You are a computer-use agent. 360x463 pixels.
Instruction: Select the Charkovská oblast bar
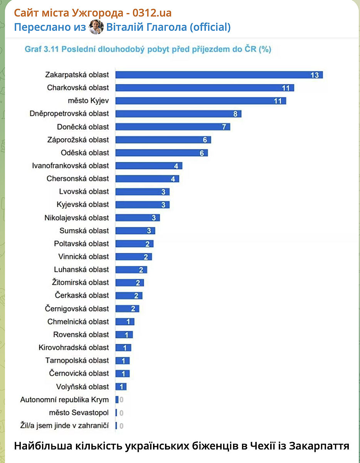204,88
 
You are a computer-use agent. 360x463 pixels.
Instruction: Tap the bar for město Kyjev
200,101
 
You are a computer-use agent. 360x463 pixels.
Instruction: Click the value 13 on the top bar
315,75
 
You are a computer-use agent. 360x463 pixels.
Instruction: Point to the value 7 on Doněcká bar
224,127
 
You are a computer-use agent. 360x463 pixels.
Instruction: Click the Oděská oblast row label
85,153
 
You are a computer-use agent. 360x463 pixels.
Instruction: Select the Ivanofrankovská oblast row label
71,166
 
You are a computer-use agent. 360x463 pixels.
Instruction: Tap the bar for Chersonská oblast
147,179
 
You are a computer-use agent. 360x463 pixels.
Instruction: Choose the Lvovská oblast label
84,191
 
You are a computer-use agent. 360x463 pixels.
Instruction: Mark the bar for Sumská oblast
135,231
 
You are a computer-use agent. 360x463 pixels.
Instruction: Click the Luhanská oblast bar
131,269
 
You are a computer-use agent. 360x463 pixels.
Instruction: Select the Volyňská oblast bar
121,387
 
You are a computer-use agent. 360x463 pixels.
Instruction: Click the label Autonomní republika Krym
64,400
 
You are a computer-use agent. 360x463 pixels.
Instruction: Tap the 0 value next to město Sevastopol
121,413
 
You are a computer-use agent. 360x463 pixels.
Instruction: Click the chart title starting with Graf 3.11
148,49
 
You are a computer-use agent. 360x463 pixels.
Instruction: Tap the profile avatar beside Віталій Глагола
96,27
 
